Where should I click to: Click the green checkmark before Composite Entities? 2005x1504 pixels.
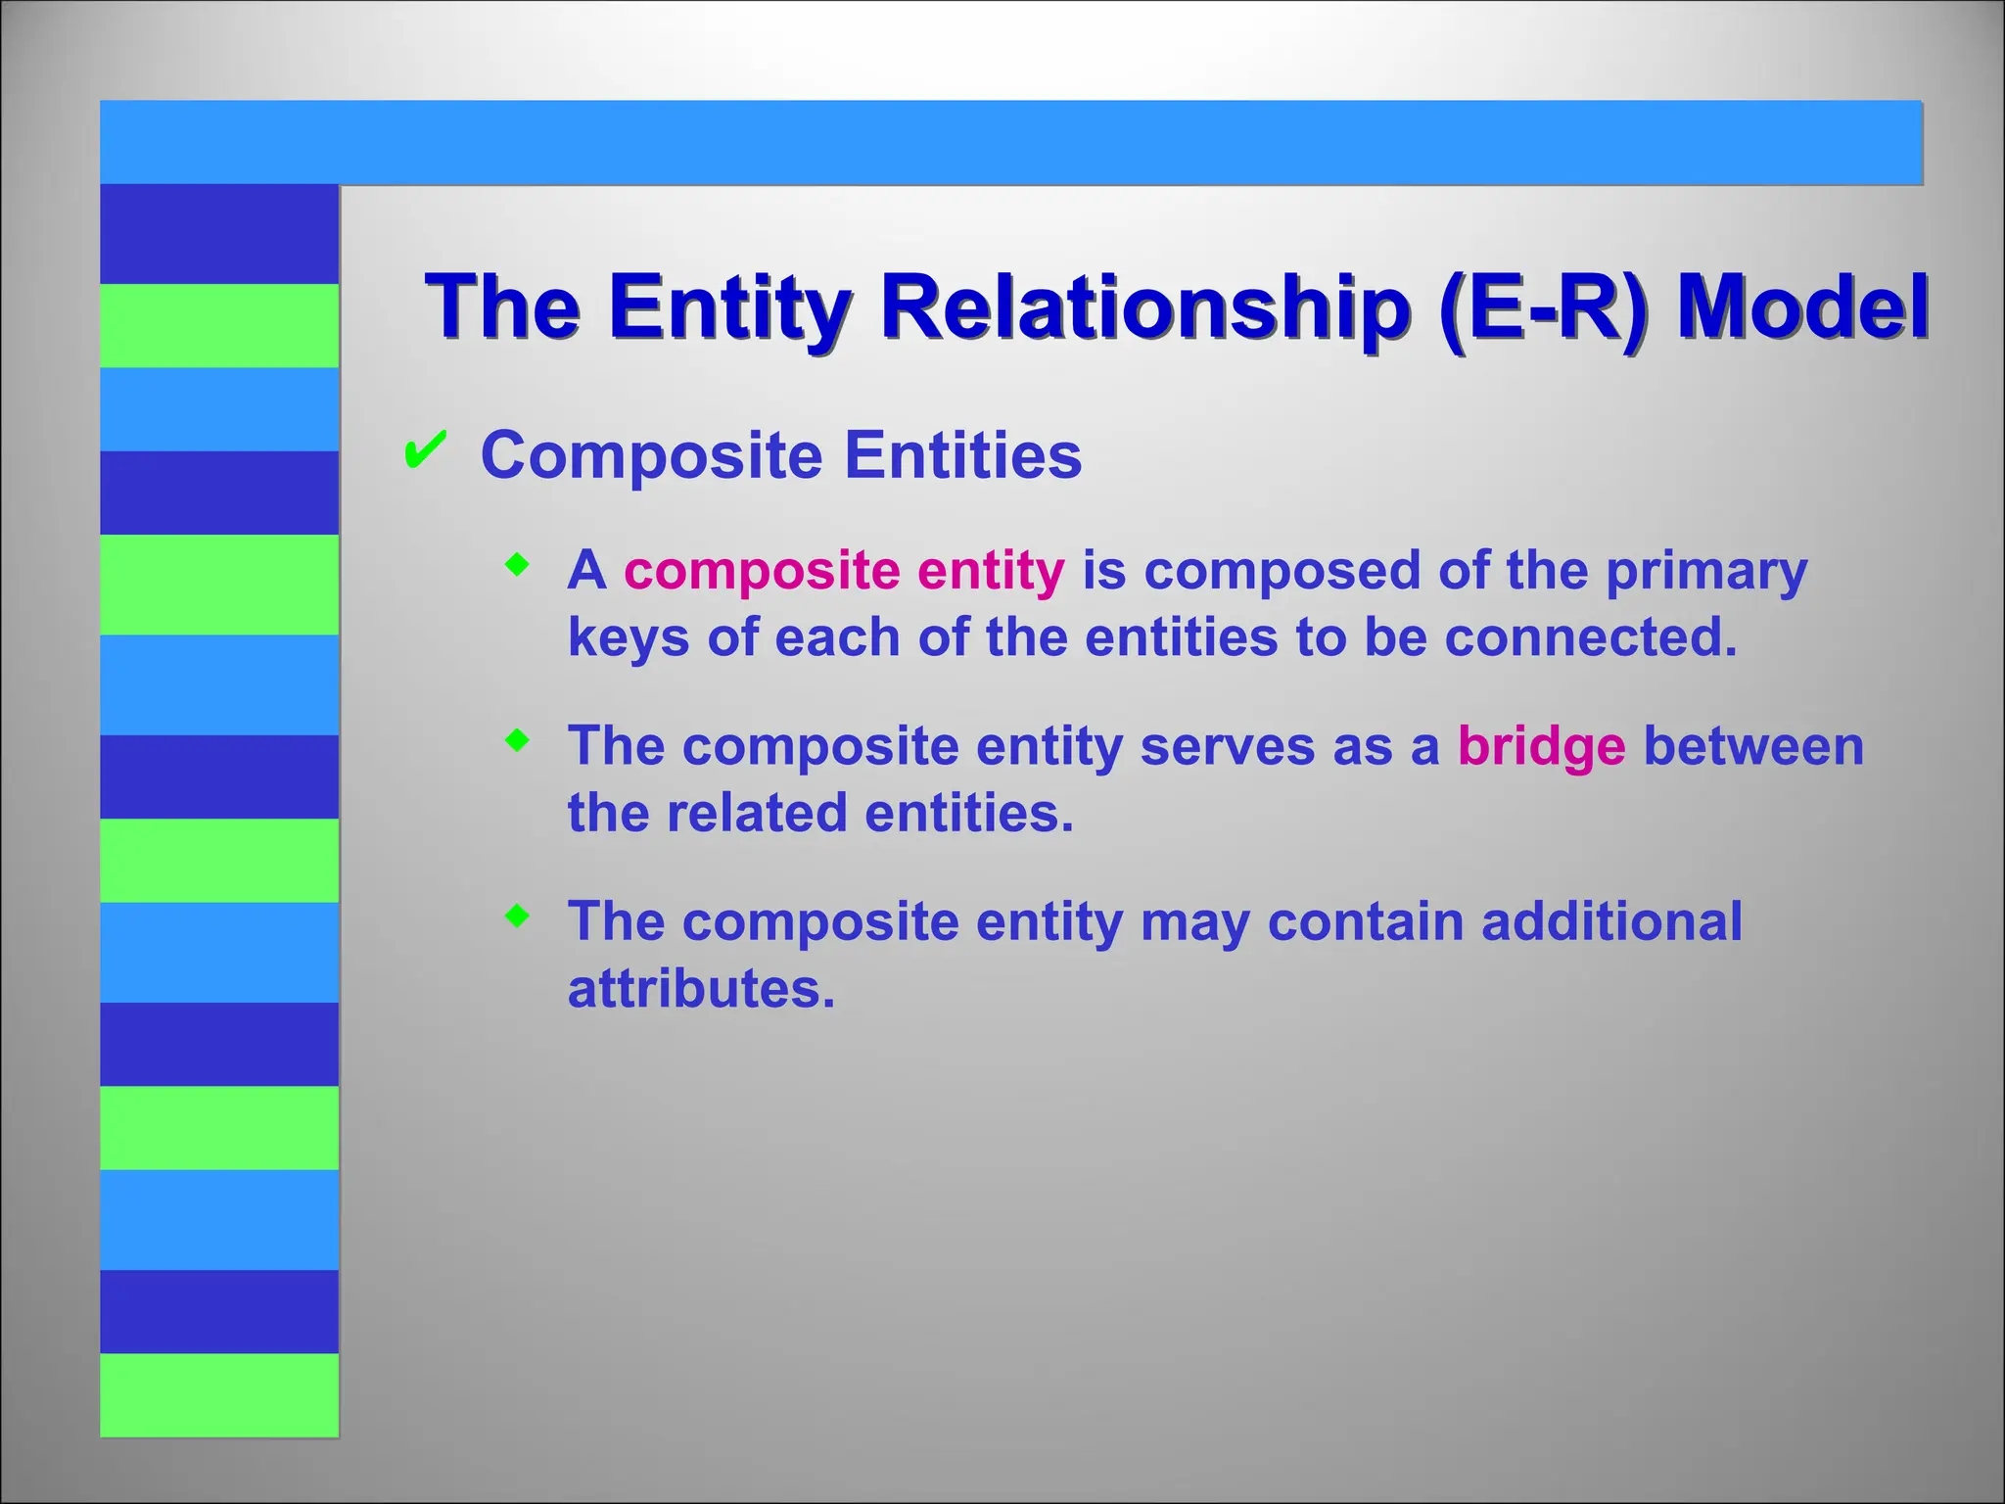[x=425, y=450]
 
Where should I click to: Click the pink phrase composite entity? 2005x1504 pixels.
[x=844, y=570]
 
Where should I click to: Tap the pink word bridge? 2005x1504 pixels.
[x=1541, y=746]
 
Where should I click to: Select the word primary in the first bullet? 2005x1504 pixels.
[x=1705, y=572]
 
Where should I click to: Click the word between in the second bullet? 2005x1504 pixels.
[x=1752, y=746]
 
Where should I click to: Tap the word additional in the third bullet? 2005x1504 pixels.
[x=1611, y=921]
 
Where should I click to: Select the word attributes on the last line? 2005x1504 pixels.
[x=701, y=989]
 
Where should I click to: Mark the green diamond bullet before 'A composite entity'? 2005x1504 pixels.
[x=517, y=565]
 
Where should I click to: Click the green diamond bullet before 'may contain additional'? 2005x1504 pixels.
[x=517, y=916]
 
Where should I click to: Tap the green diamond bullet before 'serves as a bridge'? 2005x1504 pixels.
[x=517, y=741]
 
